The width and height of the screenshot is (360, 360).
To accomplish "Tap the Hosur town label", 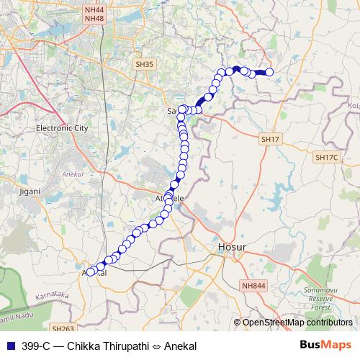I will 232,247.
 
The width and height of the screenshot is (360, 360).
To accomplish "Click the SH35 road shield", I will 145,64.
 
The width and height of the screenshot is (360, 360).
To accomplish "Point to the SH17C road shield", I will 326,156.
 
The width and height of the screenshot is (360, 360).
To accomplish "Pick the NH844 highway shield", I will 253,286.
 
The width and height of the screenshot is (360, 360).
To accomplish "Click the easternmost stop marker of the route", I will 270,72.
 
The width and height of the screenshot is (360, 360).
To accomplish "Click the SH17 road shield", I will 270,138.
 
